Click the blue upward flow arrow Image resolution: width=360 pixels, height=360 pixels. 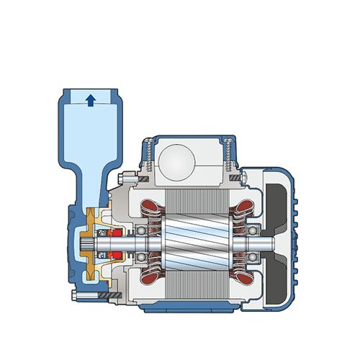click(x=90, y=100)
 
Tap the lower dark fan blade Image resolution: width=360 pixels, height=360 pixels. click(x=276, y=284)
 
